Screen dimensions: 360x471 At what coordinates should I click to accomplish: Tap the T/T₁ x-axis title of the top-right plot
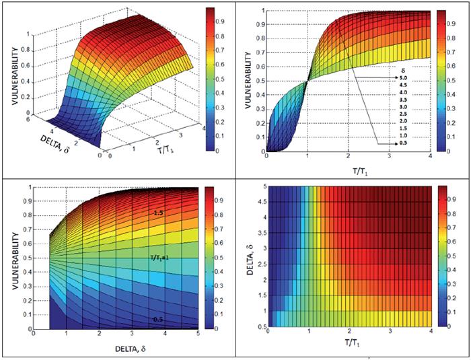click(x=348, y=168)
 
